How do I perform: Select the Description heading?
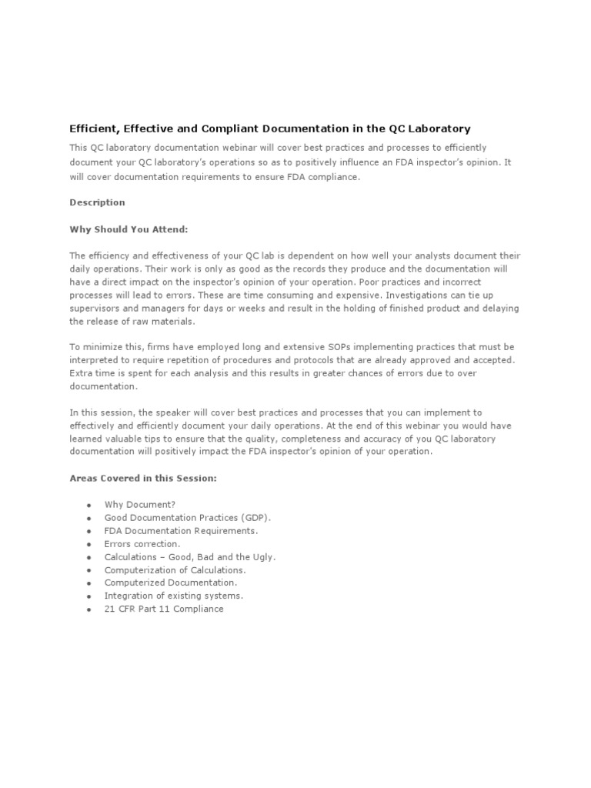tap(97, 202)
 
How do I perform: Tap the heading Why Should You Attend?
tap(129, 229)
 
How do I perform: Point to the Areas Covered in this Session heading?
tap(143, 478)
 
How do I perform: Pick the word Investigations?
tap(420, 295)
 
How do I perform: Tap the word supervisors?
tap(95, 308)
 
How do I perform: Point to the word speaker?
tap(175, 412)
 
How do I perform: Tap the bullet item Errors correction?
tap(142, 544)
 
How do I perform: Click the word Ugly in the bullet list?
tap(262, 557)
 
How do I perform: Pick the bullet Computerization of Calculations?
tap(175, 570)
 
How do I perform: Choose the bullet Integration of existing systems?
tap(173, 596)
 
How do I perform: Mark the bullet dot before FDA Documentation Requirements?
tap(89, 532)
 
